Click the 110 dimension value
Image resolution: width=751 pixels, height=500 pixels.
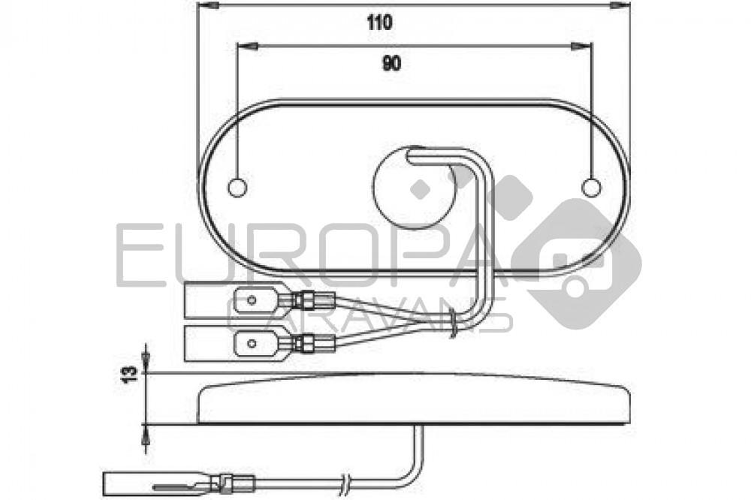pos(380,23)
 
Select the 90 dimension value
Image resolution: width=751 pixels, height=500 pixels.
pos(391,65)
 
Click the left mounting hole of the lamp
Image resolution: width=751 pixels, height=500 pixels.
pos(237,186)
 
